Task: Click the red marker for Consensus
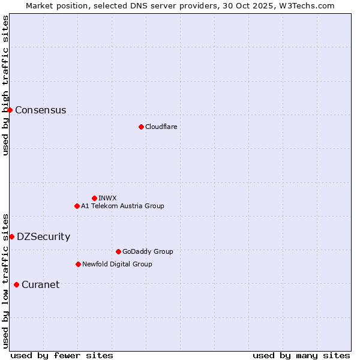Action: tap(10, 110)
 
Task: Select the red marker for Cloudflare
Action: tap(141, 127)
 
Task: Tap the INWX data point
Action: tap(94, 198)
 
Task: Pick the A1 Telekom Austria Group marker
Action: tap(77, 206)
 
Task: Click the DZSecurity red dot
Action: tap(11, 236)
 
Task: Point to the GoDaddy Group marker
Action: tap(118, 251)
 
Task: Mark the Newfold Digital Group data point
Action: tap(78, 264)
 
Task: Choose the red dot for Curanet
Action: tap(16, 284)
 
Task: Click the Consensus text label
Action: tap(40, 110)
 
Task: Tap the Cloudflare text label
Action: tap(161, 127)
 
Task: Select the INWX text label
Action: tap(107, 199)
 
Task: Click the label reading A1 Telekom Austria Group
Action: tap(122, 206)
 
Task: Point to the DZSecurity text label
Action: tap(43, 237)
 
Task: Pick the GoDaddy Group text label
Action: tap(148, 252)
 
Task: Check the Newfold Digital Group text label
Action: tap(117, 265)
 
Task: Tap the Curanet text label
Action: tap(40, 285)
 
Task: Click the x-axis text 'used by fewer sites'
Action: tap(62, 356)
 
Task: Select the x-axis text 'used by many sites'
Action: tap(301, 356)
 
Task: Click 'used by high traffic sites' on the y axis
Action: tap(5, 85)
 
